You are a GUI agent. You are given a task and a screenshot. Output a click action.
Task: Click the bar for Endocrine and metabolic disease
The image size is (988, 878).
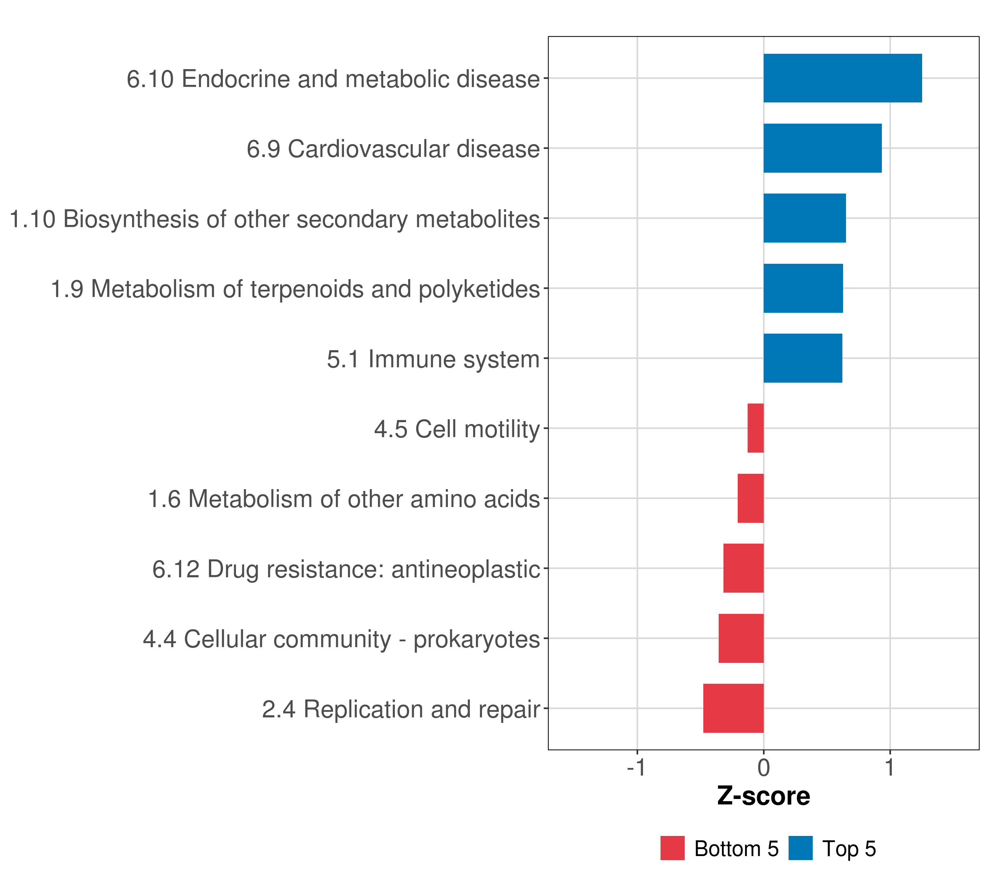(842, 78)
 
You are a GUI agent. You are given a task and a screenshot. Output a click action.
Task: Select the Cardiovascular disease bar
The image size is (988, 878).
(822, 149)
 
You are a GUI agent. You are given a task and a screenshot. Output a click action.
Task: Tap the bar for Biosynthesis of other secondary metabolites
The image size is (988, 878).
(804, 218)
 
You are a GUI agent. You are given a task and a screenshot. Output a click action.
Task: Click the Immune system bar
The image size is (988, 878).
(802, 358)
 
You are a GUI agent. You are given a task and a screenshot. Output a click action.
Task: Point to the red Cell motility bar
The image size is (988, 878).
(756, 428)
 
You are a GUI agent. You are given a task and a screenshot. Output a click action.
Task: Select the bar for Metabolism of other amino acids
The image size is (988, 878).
(751, 498)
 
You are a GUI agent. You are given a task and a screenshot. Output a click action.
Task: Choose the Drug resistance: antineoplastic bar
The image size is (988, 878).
(744, 568)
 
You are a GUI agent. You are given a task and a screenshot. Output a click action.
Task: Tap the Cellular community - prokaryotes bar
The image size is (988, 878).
(741, 638)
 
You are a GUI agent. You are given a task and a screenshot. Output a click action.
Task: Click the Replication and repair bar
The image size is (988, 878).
(733, 708)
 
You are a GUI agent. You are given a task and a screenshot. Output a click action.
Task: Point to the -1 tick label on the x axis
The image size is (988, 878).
(636, 768)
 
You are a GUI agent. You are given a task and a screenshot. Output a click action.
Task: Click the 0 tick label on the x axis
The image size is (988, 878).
(763, 768)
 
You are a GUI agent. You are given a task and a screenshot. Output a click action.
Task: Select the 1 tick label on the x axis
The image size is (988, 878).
(890, 768)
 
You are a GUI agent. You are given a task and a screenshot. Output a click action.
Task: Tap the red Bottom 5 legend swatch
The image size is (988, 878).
(672, 848)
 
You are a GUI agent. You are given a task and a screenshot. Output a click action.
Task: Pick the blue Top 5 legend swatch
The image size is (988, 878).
(800, 848)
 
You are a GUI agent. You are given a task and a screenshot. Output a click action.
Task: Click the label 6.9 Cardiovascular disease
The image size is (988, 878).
(393, 149)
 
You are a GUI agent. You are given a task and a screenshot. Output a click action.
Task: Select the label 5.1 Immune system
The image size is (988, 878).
(433, 359)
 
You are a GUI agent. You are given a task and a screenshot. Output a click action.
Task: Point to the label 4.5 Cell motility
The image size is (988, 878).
(457, 429)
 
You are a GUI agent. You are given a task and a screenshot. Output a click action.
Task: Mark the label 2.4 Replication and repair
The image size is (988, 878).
(401, 709)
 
